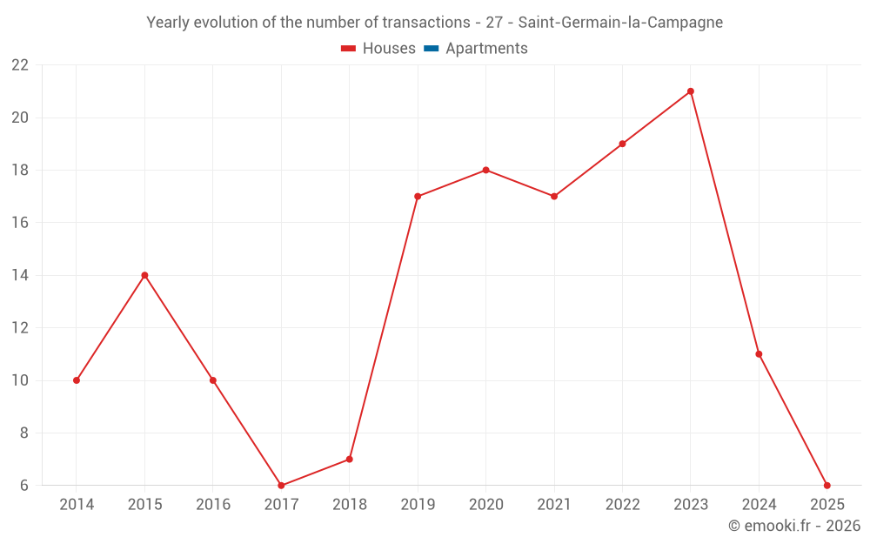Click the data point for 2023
pos(691,91)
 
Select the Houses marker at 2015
pos(144,275)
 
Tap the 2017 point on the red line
pos(281,486)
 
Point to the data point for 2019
pos(418,197)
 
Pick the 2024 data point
pos(759,354)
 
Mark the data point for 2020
pos(485,170)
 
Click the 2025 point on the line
pos(826,486)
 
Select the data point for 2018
pos(349,460)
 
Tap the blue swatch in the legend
pos(431,49)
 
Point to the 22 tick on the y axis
pos(20,65)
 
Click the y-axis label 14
pos(20,275)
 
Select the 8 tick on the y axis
pos(24,433)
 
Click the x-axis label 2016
pos(213,504)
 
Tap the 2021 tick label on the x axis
pos(554,504)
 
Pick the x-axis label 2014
pos(77,504)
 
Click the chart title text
pos(434,23)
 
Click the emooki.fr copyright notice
pos(793,526)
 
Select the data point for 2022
pos(622,144)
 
